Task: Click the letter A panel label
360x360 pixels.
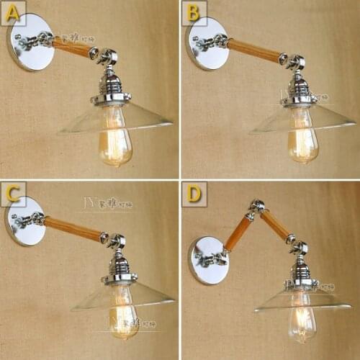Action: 14,12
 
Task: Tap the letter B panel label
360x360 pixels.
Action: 193,12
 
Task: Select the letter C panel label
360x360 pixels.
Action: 14,194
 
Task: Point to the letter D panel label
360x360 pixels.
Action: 194,194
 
